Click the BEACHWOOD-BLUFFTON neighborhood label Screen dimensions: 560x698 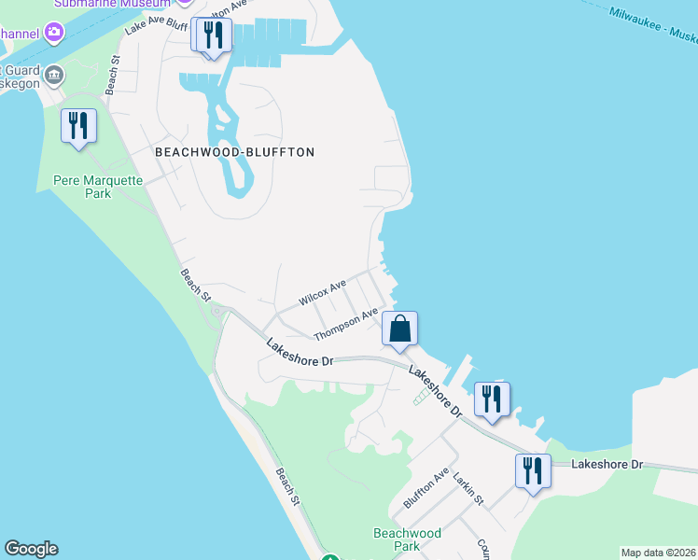tap(234, 151)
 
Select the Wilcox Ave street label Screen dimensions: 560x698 tap(322, 291)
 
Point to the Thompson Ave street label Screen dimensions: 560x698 tap(345, 324)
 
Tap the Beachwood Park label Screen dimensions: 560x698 tap(407, 539)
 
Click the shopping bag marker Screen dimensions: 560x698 tap(399, 329)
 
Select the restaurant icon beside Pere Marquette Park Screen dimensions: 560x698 tap(78, 126)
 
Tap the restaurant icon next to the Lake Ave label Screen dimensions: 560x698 tap(214, 35)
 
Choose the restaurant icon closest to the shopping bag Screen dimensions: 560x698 tap(491, 399)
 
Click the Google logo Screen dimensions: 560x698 tap(31, 549)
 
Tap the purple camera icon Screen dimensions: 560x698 tap(54, 34)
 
